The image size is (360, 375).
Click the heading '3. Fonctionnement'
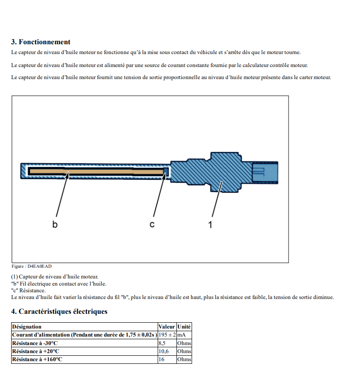41,42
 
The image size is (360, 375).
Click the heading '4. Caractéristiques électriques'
59,311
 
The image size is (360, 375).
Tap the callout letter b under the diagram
55,224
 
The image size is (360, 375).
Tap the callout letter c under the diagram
152,224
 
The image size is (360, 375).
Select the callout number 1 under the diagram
210,224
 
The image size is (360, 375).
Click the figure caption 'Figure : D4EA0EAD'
28,266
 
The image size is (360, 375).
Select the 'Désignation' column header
27,327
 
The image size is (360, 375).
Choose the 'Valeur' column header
167,327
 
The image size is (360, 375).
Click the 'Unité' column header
184,327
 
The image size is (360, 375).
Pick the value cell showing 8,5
163,343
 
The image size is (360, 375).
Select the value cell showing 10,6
163,351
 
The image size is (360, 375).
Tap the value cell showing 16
162,359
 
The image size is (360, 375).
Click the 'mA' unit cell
181,335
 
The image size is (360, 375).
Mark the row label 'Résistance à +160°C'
37,359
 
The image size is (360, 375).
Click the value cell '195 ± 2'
167,335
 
